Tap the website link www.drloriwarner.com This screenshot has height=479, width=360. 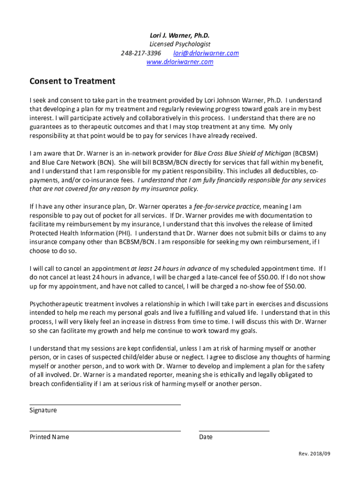180,62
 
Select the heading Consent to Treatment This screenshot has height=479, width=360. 72,81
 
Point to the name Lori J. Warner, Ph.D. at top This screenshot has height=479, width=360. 180,35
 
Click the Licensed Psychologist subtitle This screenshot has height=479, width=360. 180,44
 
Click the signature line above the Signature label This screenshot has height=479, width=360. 105,405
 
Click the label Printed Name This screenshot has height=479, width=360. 49,437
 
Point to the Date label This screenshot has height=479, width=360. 205,437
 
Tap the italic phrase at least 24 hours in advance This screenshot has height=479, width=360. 171,269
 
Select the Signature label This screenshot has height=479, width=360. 43,410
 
